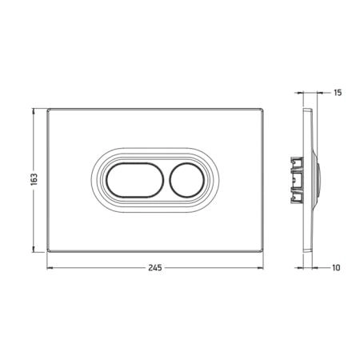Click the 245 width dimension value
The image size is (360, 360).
coord(155,267)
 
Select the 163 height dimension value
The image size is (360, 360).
coord(34,179)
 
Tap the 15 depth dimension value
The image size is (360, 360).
coord(338,93)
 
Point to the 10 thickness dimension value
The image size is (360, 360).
coord(336,267)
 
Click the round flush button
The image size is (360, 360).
coord(186,180)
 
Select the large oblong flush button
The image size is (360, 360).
coord(135,180)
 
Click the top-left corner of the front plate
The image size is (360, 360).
coord(47,109)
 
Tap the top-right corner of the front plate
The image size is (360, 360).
coord(263,109)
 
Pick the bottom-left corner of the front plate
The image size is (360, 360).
coord(47,251)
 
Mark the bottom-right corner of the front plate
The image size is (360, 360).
coord(263,251)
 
